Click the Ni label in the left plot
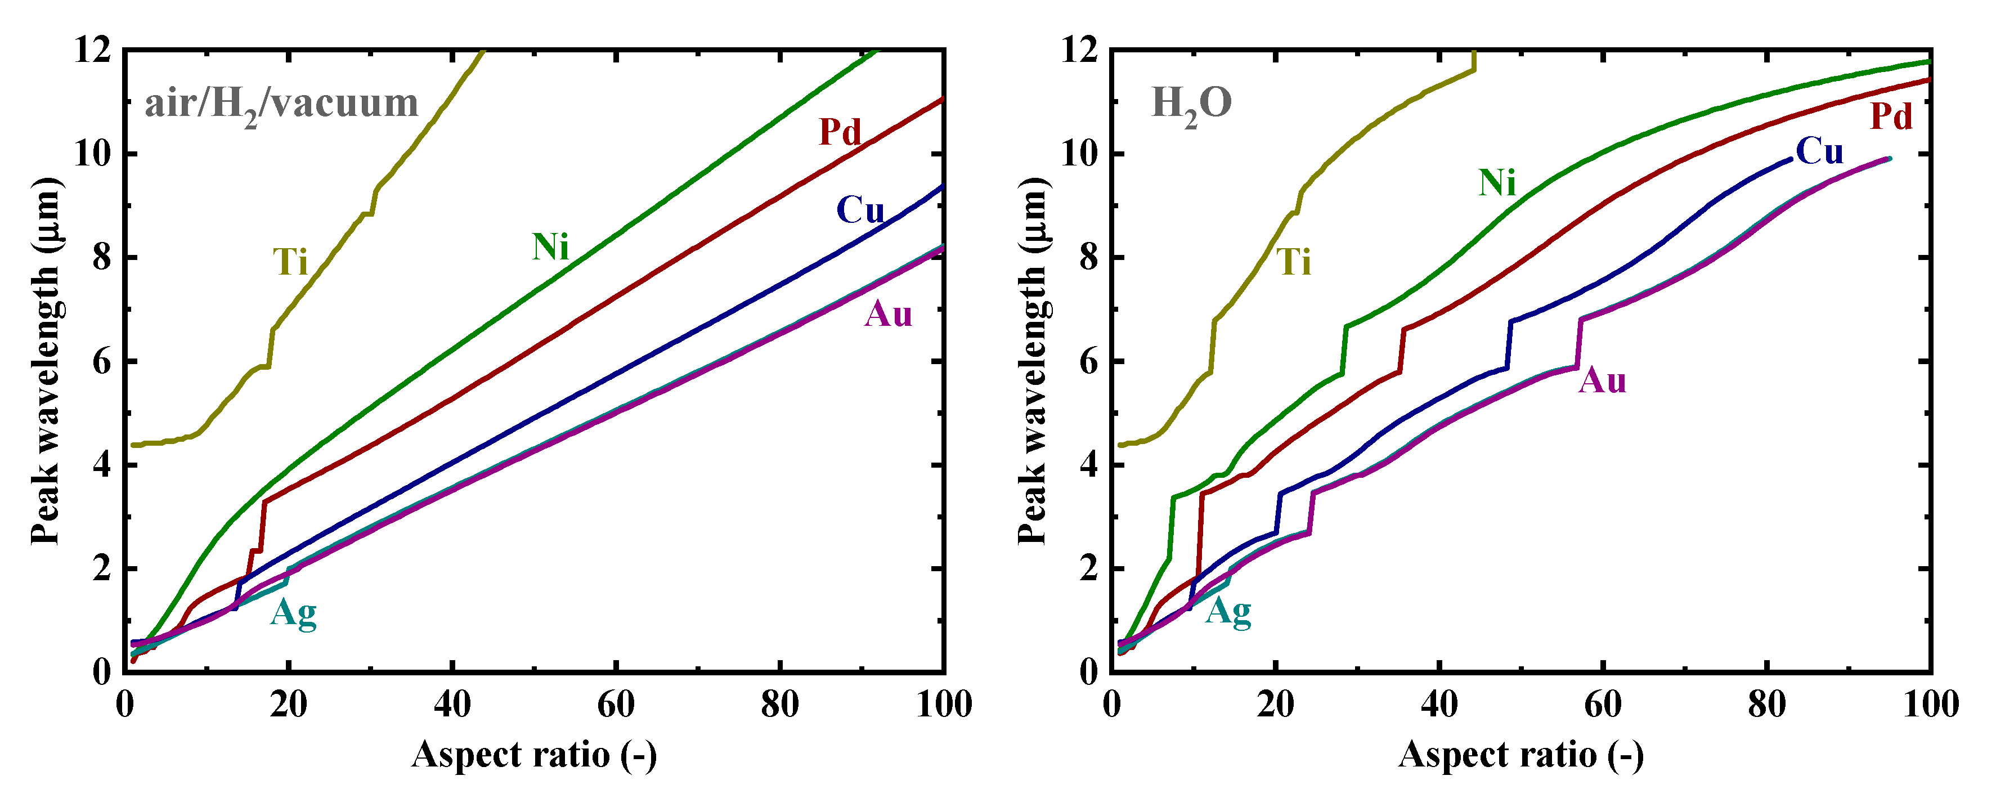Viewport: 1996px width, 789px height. [550, 246]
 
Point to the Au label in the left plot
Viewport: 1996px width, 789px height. [888, 314]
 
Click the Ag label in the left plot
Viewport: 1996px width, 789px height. [294, 614]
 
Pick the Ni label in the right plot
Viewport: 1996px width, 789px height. [1497, 183]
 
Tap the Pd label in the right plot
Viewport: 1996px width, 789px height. [1891, 116]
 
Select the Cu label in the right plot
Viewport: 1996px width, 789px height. [1819, 151]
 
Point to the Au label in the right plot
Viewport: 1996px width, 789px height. [1603, 380]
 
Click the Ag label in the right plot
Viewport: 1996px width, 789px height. [1229, 612]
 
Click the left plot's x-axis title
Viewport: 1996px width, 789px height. [534, 754]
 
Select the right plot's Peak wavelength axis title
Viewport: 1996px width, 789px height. [1032, 360]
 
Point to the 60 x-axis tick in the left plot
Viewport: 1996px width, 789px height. [616, 705]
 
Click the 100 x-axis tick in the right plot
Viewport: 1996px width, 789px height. [1930, 705]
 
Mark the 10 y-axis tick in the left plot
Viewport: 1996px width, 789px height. [92, 154]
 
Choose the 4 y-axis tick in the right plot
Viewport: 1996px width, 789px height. [1088, 465]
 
